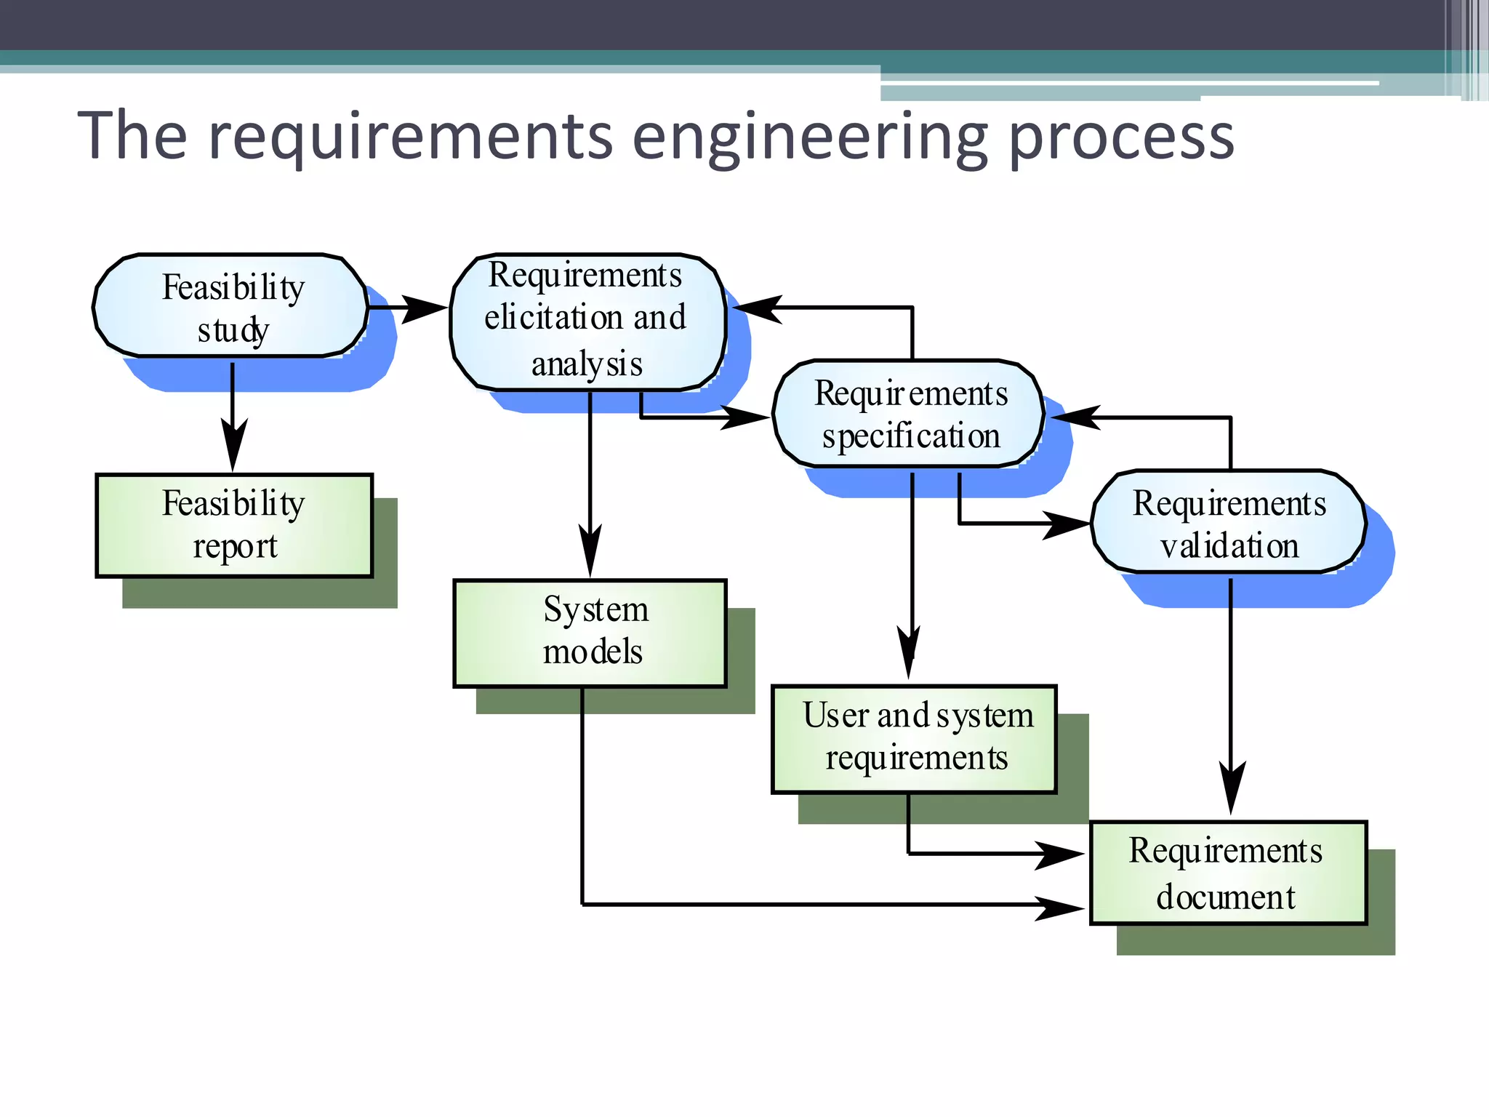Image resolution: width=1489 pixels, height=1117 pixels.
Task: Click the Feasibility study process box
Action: pyautogui.click(x=230, y=306)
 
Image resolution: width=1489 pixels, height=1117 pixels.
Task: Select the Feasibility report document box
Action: pyautogui.click(x=234, y=525)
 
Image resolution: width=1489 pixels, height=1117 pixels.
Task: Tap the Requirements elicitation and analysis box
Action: pyautogui.click(x=587, y=321)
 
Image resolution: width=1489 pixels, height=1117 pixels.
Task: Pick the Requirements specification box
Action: pyautogui.click(x=909, y=414)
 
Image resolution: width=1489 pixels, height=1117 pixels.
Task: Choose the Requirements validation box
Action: pyautogui.click(x=1229, y=523)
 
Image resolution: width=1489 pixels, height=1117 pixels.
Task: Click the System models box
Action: pyautogui.click(x=590, y=632)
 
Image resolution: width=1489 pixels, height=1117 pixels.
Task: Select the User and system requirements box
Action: pyautogui.click(x=914, y=737)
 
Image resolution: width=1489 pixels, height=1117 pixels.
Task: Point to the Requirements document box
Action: pyautogui.click(x=1228, y=872)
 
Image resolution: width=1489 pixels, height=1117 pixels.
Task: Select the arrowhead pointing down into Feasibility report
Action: pyautogui.click(x=233, y=447)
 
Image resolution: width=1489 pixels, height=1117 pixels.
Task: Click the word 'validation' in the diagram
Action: pyautogui.click(x=1229, y=545)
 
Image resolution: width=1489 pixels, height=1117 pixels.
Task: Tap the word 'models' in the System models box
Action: pyautogui.click(x=593, y=652)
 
